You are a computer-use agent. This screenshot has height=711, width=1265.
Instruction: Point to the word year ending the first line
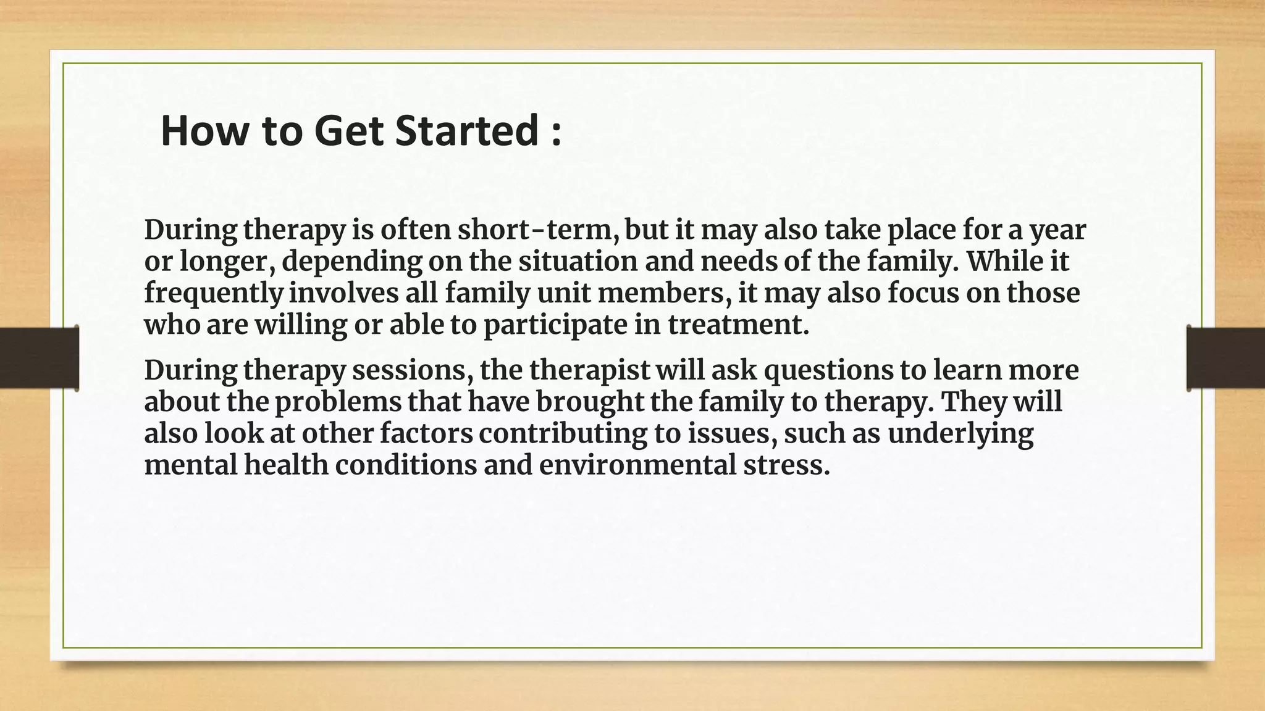(1057, 231)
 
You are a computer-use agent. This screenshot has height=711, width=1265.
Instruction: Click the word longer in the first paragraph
(227, 262)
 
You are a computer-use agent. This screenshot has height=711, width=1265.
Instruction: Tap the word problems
(338, 402)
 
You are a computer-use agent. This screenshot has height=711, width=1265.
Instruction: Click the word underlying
(960, 434)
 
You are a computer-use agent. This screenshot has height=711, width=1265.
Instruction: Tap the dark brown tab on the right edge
(1225, 358)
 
